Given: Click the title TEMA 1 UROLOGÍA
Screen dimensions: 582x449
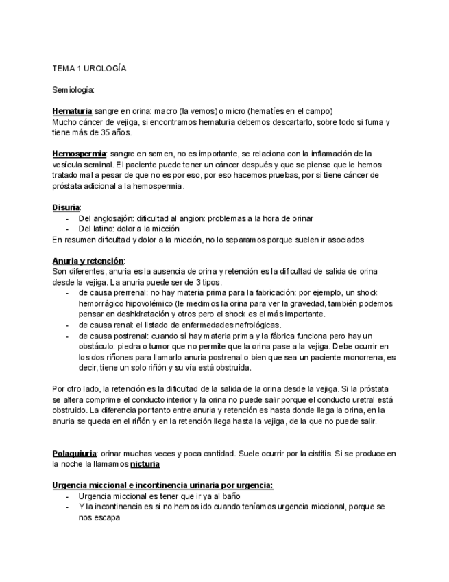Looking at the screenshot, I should click(89, 69).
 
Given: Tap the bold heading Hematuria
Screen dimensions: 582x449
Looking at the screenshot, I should click(72, 111).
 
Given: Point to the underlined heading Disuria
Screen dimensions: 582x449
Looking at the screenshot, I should click(66, 207).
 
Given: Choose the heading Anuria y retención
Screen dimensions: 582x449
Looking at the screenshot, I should click(88, 261).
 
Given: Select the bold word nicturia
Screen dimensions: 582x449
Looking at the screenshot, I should click(145, 465).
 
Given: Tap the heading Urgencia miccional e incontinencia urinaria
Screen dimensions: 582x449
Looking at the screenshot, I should click(162, 485).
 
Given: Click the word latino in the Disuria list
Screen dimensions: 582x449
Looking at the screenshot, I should click(104, 229).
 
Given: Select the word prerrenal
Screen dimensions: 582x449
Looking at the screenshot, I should click(137, 292).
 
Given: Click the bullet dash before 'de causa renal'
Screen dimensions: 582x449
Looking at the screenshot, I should click(68, 325).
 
